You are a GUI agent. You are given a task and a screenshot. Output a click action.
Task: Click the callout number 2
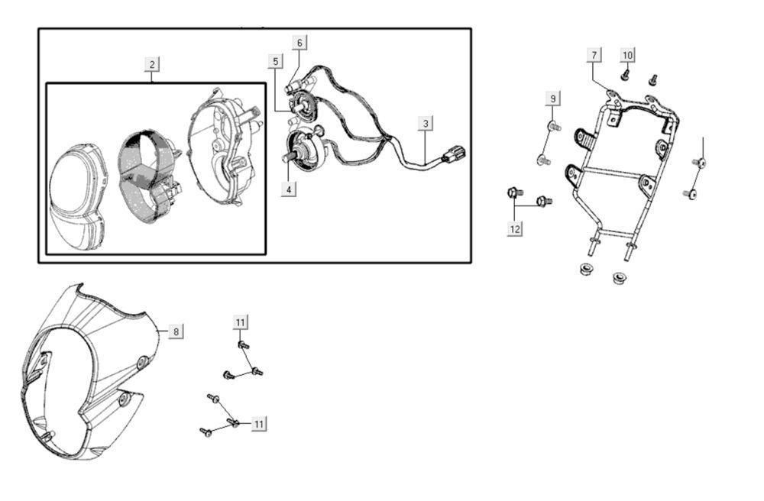pos(153,64)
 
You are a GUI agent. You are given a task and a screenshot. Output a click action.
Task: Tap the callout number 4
pos(288,189)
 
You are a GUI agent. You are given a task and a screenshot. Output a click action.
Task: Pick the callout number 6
pos(299,43)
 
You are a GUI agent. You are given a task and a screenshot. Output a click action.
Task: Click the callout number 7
pos(594,55)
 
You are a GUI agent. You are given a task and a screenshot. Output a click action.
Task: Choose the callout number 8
pos(176,331)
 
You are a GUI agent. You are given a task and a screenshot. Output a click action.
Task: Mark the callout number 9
pos(552,99)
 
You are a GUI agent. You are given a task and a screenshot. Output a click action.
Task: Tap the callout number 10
pos(627,55)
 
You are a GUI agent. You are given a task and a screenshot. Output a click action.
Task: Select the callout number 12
pos(515,228)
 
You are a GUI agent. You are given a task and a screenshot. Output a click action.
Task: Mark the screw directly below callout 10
pos(625,75)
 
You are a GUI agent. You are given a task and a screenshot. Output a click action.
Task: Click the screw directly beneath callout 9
pos(553,125)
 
